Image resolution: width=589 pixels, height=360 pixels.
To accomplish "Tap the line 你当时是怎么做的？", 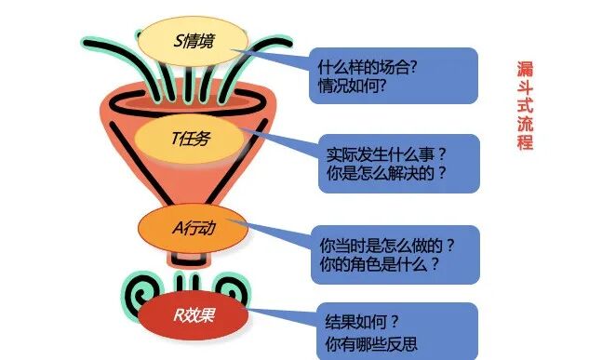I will tap(385, 246).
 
